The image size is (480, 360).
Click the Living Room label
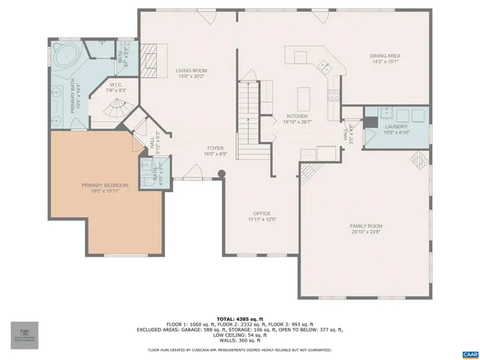(x=193, y=70)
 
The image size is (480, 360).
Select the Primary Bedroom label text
(x=105, y=185)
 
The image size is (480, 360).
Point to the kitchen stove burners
(x=334, y=95)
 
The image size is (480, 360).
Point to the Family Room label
(x=366, y=226)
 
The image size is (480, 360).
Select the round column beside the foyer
(x=220, y=175)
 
